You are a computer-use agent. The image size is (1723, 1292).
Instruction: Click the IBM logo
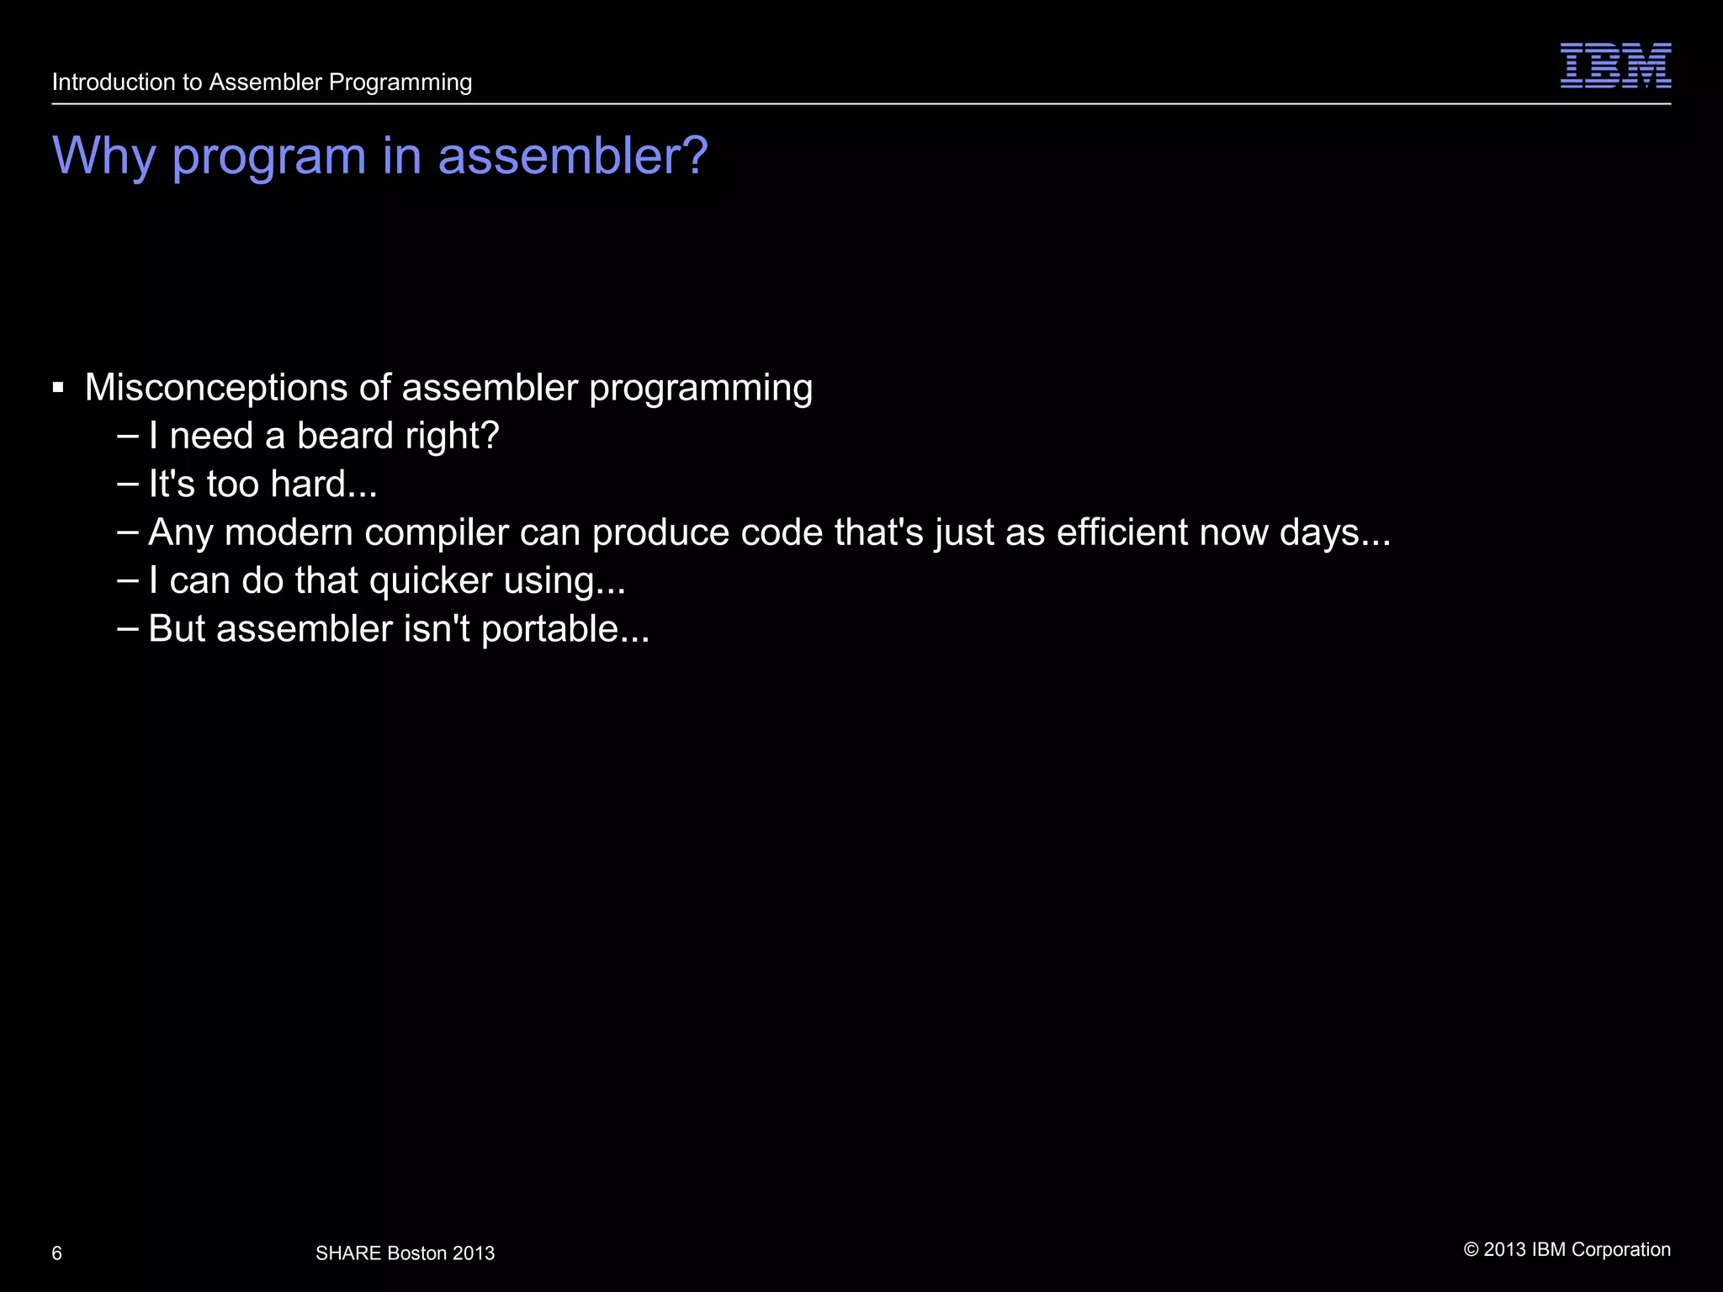click(x=1615, y=66)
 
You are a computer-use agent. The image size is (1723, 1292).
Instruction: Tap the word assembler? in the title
click(x=573, y=156)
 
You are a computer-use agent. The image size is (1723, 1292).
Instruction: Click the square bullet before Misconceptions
click(x=58, y=388)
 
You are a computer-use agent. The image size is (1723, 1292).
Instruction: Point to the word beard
click(x=345, y=436)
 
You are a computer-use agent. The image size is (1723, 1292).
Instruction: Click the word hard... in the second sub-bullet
click(x=324, y=484)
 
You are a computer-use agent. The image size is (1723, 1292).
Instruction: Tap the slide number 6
click(x=57, y=1254)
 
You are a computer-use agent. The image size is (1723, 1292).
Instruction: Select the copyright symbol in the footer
click(x=1471, y=1250)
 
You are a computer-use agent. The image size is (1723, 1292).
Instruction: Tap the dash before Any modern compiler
click(x=129, y=532)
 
